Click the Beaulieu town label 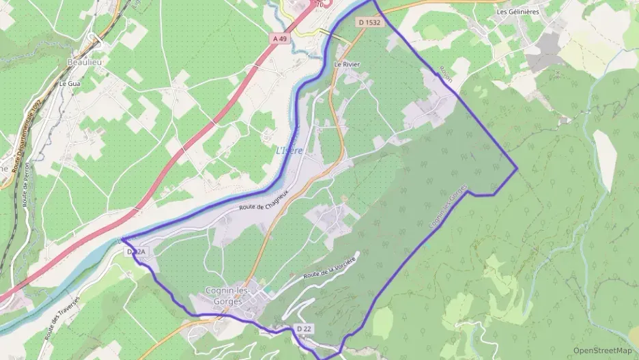coord(85,62)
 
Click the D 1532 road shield coord(369,22)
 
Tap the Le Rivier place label coord(346,64)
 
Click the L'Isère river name coord(289,150)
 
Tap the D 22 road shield coord(304,329)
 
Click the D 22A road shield coord(137,252)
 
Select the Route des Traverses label coord(62,319)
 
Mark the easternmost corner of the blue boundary coord(517,168)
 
